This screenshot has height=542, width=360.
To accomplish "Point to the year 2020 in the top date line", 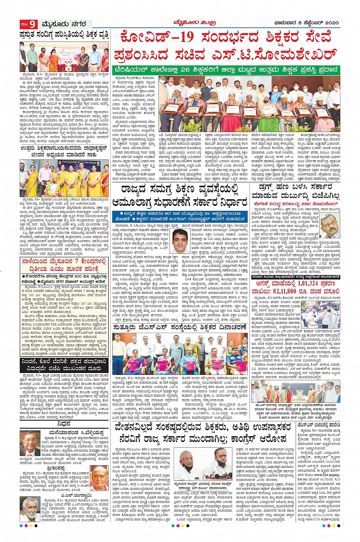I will coord(330,23).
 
